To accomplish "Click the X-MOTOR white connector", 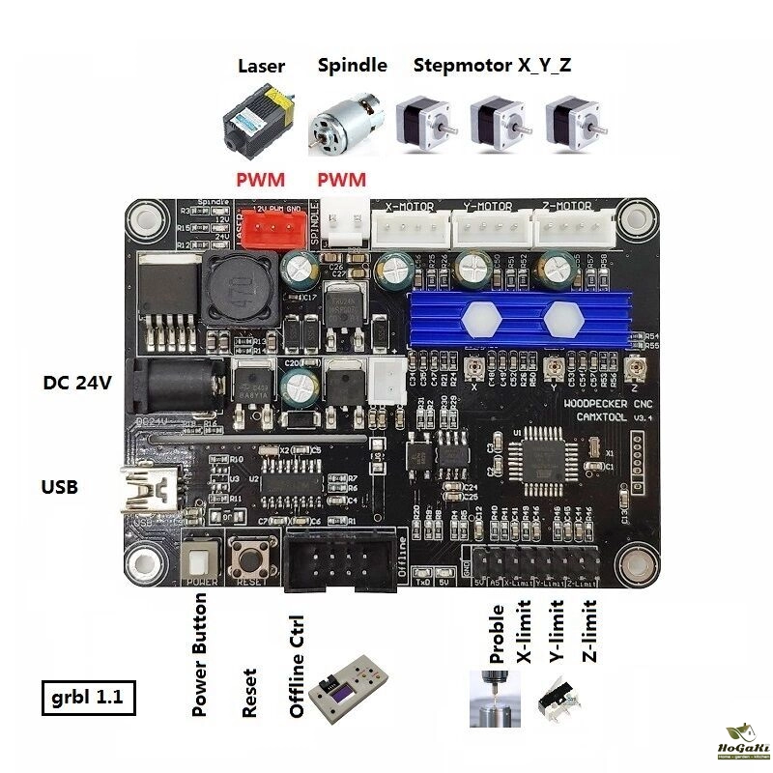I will (x=409, y=229).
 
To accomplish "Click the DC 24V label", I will (x=78, y=383).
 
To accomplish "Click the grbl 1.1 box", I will (x=89, y=697).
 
